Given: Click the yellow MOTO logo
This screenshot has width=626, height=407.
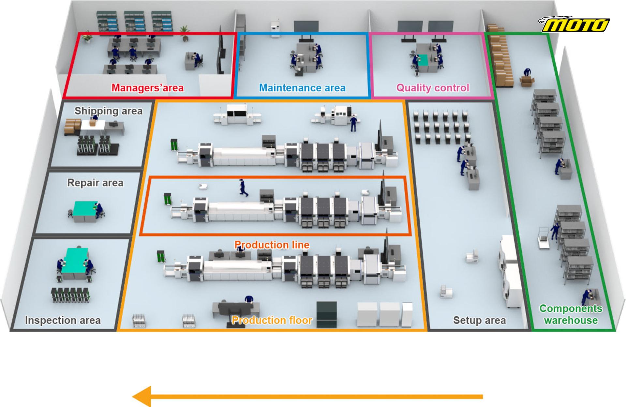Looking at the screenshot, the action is coord(574,25).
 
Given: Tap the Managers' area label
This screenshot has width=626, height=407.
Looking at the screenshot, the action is coord(147,88).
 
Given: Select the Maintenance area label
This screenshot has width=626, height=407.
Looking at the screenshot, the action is coord(302,88).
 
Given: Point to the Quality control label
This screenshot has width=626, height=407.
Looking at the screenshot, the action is coord(433,88).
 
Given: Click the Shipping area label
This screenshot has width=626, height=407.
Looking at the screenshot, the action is coord(109,111).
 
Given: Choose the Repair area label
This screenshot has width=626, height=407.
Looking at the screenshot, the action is coord(95,183).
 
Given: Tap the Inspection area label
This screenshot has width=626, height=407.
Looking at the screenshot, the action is coord(63,320).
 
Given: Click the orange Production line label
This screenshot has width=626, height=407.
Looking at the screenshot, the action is coord(272,245).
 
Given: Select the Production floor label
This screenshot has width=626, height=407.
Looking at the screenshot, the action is coord(272,320).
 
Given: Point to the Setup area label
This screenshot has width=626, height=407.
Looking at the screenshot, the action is coord(480,320).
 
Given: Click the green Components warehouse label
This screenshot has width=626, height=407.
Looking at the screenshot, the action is coord(571,314).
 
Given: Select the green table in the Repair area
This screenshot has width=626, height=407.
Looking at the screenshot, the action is coord(86,207).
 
